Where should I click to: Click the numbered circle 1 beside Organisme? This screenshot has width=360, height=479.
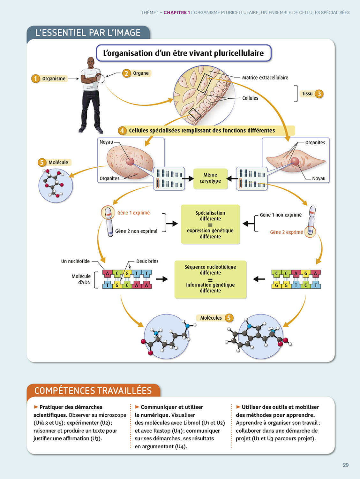[35, 79]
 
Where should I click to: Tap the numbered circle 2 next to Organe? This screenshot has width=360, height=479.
[126, 73]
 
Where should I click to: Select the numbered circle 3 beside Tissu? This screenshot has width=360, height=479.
[319, 94]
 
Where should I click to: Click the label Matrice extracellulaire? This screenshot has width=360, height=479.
[265, 78]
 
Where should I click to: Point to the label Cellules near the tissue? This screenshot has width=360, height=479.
[250, 98]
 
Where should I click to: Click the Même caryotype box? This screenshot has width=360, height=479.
[210, 178]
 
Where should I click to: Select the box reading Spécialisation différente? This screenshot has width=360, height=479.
[210, 224]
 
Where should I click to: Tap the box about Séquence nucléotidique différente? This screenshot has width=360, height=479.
[210, 279]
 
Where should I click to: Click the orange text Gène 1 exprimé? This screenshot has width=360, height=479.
[133, 213]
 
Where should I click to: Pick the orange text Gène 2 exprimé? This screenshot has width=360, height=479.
[286, 232]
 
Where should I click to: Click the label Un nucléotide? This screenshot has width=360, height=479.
[75, 261]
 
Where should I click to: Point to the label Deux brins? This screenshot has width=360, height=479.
[147, 261]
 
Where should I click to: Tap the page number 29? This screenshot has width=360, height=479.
[345, 465]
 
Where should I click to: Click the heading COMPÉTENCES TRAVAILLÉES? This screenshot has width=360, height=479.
[93, 391]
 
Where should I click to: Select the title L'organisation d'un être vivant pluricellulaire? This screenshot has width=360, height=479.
[184, 53]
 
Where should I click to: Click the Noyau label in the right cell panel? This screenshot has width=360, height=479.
[319, 179]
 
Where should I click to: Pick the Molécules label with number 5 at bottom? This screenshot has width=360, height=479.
[211, 318]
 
